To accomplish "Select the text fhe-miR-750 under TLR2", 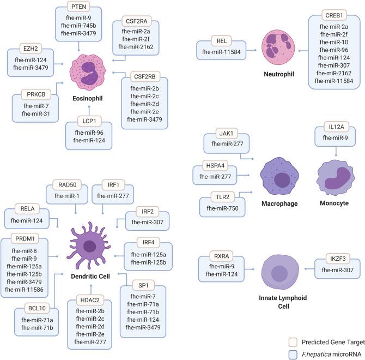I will click(x=223, y=208).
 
